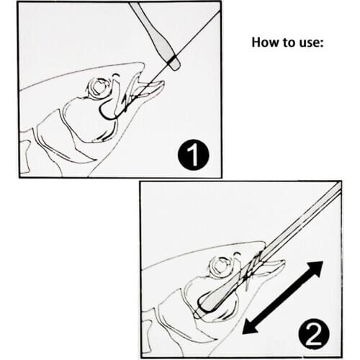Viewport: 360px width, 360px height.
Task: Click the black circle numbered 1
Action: point(193,155)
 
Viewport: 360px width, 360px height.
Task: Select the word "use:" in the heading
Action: point(312,42)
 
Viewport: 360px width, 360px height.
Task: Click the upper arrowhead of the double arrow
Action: point(315,270)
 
